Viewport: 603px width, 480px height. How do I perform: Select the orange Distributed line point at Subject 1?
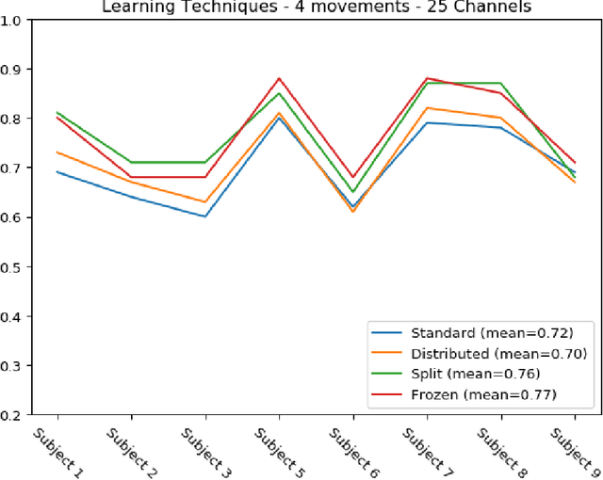pos(57,152)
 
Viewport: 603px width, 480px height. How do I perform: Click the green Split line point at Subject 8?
pos(500,83)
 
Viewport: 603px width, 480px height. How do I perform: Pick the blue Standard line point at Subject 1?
pos(57,172)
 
